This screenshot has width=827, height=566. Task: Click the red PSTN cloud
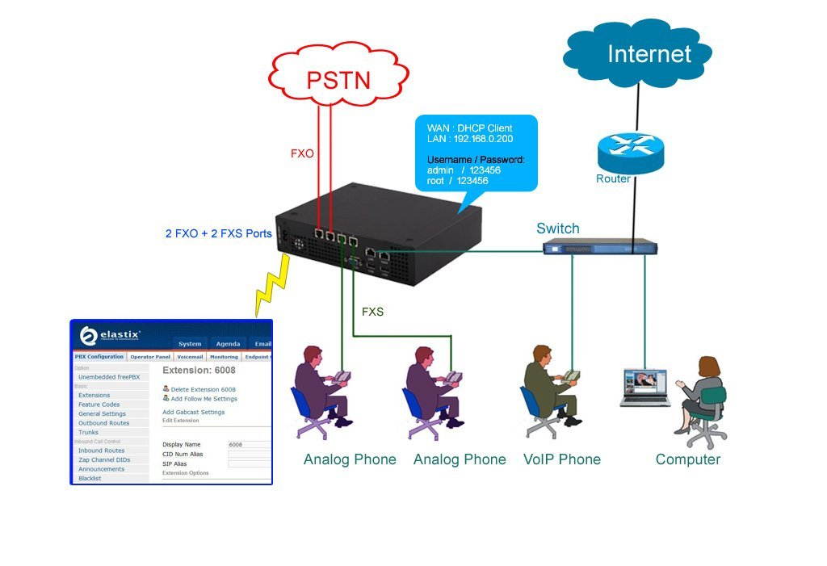click(338, 78)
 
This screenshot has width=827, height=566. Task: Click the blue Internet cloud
click(638, 54)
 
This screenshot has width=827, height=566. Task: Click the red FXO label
click(302, 153)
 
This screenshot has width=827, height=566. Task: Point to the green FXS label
click(372, 311)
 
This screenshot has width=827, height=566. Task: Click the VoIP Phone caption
click(562, 459)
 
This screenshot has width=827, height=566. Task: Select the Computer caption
click(687, 459)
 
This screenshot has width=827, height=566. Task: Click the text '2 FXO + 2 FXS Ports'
click(218, 233)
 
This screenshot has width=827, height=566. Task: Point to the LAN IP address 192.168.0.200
click(483, 139)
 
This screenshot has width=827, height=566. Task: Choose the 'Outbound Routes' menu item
click(103, 423)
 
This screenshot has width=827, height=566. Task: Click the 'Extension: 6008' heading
click(199, 370)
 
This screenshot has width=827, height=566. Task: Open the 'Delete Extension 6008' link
click(203, 389)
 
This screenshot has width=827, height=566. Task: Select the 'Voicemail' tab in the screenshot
click(190, 356)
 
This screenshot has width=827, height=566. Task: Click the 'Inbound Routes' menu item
click(101, 451)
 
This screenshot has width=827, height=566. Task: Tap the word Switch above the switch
click(557, 228)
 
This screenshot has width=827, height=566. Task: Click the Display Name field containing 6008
click(249, 445)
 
